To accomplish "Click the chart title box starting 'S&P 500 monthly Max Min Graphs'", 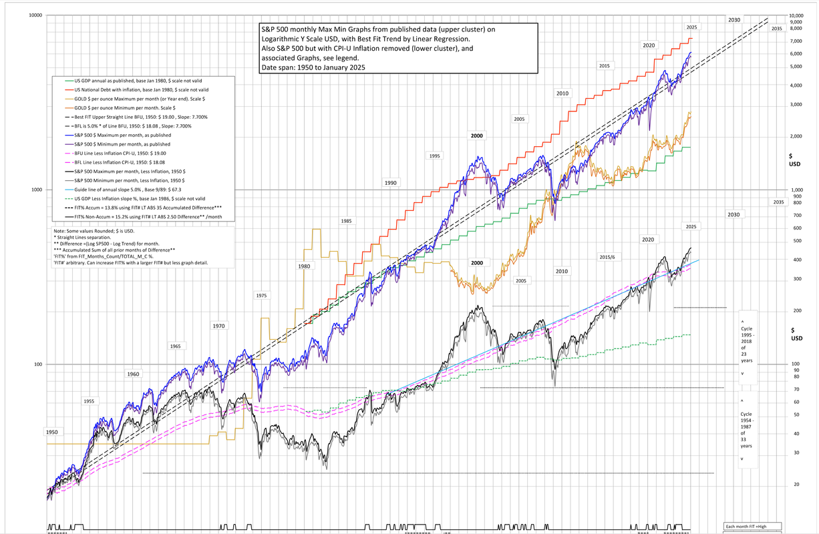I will click(x=398, y=49).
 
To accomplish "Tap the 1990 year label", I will click(x=391, y=182).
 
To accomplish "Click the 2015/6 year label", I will click(x=607, y=257).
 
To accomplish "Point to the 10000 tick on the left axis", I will click(x=35, y=15).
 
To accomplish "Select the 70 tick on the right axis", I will click(x=796, y=388).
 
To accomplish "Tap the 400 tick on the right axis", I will click(x=797, y=260).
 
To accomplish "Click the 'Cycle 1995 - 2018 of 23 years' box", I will click(x=746, y=347).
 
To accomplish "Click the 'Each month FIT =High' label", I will click(x=752, y=527).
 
